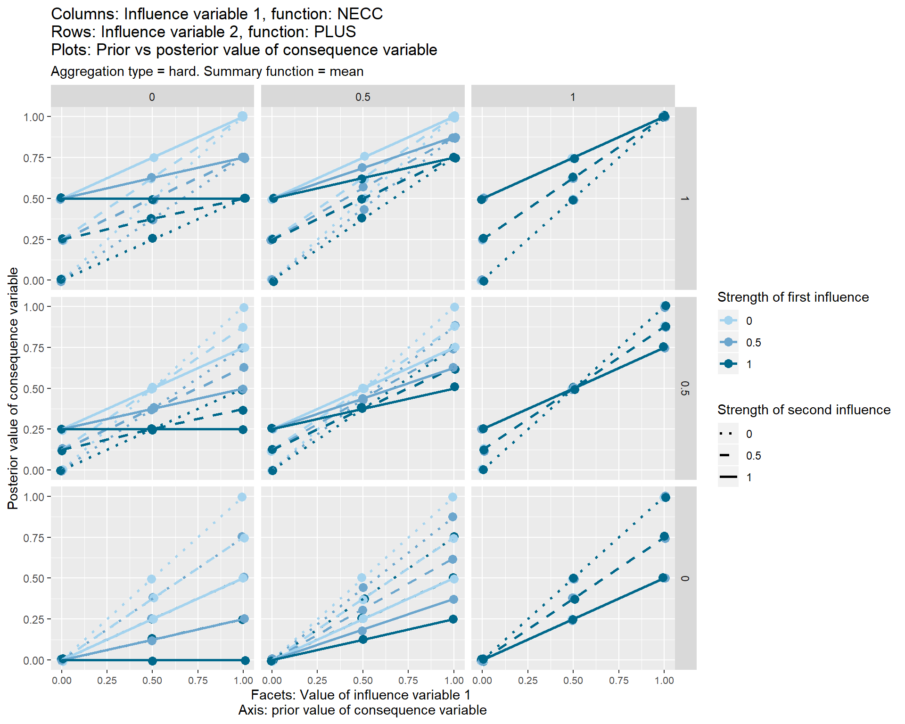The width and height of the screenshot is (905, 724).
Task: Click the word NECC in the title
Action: click(x=360, y=14)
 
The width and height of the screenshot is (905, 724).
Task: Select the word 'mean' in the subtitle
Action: click(x=346, y=72)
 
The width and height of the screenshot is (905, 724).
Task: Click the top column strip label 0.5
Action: click(x=362, y=97)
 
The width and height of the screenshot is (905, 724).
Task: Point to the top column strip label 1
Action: click(x=573, y=97)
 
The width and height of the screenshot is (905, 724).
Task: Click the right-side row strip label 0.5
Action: click(x=685, y=388)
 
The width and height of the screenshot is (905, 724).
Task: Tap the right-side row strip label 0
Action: click(x=685, y=578)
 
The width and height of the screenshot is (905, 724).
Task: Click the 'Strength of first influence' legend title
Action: click(x=793, y=297)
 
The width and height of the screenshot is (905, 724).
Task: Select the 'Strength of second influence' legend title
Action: click(x=804, y=410)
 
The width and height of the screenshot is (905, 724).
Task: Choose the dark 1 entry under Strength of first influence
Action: click(x=729, y=364)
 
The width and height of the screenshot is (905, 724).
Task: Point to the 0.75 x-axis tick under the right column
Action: click(x=618, y=681)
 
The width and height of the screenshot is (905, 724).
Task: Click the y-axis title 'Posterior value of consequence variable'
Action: click(x=13, y=388)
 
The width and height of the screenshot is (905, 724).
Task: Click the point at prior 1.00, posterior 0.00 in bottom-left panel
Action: click(x=245, y=660)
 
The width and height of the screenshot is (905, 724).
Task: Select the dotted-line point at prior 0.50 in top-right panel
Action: click(x=573, y=200)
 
